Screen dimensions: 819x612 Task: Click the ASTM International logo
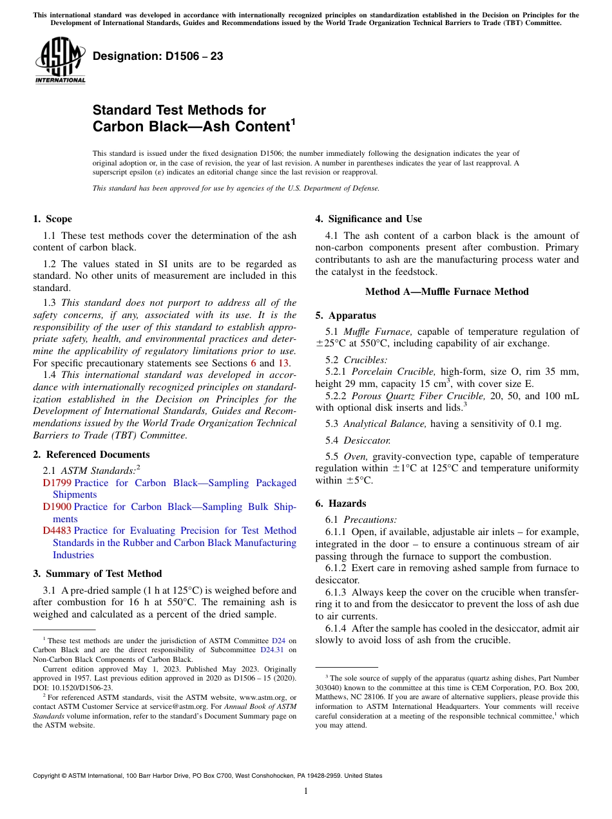[x=60, y=61]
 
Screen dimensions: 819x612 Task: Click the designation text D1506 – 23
[x=158, y=56]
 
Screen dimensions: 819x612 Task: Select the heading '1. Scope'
[x=53, y=219]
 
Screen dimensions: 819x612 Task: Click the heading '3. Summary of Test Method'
[x=97, y=574]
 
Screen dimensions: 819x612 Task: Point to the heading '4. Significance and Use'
[x=368, y=219]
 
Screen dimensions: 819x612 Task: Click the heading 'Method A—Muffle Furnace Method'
[x=446, y=292]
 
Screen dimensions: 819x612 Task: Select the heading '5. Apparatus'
[x=345, y=315]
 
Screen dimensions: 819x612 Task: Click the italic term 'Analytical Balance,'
[x=385, y=423]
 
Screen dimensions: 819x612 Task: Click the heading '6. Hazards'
[x=341, y=504]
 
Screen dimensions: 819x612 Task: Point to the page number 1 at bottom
[x=306, y=791]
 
